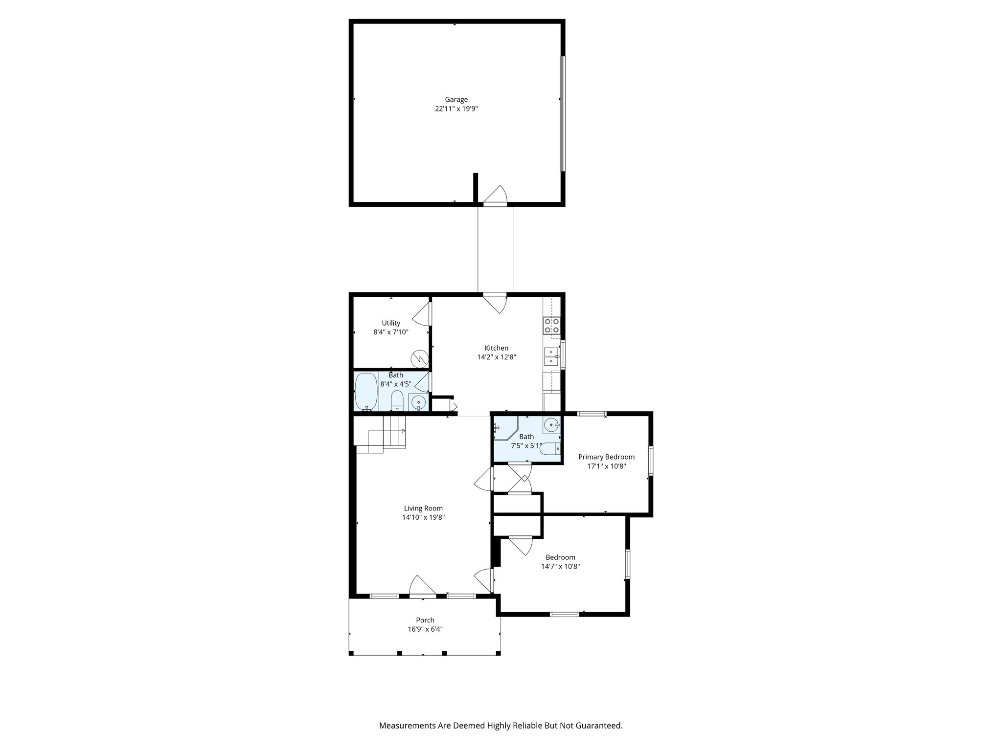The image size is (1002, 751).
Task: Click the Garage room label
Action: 456,100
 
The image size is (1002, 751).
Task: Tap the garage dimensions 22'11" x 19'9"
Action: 456,109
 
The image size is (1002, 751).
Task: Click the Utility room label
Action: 391,323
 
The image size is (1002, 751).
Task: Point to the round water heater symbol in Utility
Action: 419,358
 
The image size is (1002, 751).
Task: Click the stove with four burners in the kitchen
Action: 552,326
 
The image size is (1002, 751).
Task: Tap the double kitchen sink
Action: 551,356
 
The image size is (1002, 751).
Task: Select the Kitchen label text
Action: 496,348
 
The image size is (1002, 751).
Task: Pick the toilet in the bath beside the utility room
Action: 397,401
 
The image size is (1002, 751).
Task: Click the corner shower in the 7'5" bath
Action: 504,428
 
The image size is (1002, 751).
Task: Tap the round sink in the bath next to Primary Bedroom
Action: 552,425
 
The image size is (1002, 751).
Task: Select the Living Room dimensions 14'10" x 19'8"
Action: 423,517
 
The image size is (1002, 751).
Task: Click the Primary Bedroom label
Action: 606,457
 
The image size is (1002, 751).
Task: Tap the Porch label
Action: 425,620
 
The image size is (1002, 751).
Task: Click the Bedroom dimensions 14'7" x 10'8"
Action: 560,567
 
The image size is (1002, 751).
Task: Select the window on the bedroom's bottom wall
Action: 565,614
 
